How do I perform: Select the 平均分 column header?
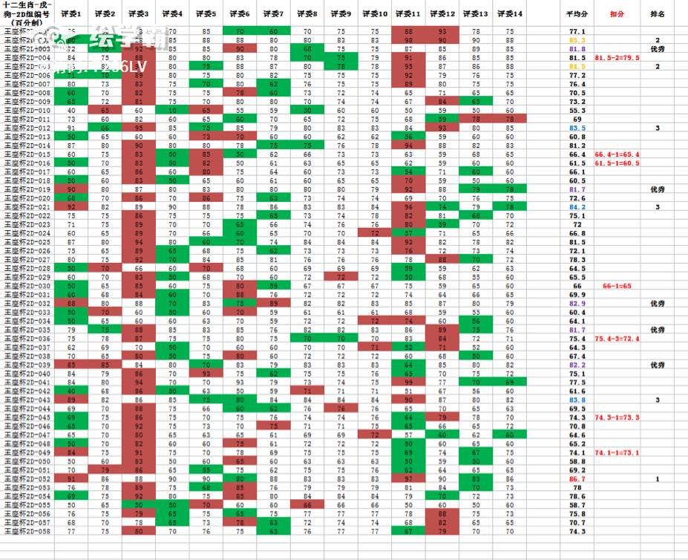[x=577, y=14]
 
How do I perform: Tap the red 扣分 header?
[x=617, y=14]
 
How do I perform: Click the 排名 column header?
[x=657, y=14]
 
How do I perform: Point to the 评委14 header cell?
[x=509, y=14]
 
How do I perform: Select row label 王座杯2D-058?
[x=28, y=531]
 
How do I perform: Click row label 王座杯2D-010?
[x=28, y=110]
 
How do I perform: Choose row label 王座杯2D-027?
[x=28, y=259]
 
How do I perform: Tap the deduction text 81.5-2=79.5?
[x=617, y=57]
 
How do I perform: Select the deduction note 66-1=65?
[x=617, y=285]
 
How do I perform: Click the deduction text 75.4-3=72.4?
[x=617, y=338]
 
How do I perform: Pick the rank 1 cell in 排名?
[x=657, y=479]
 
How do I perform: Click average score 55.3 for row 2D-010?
[x=577, y=110]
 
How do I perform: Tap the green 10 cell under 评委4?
[x=172, y=110]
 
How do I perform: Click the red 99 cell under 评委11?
[x=409, y=382]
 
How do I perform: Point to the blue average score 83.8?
[x=577, y=400]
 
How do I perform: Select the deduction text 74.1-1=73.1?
[x=617, y=452]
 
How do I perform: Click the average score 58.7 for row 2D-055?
[x=577, y=505]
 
